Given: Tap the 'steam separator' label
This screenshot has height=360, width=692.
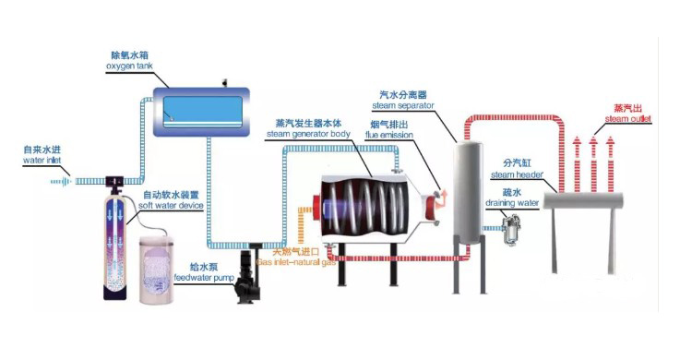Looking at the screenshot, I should tap(404, 105).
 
